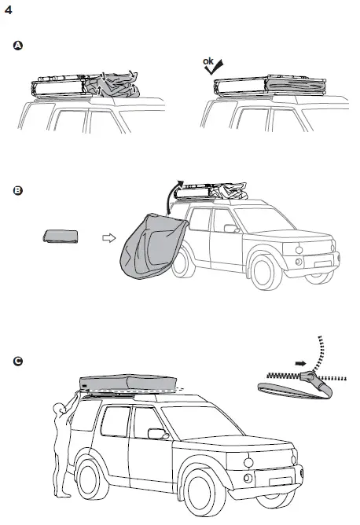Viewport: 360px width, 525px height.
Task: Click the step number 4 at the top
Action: tap(9, 12)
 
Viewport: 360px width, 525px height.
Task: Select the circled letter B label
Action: tap(19, 189)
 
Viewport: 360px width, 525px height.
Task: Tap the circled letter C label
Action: tap(19, 361)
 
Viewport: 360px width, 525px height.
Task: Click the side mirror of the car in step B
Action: tap(230, 229)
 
